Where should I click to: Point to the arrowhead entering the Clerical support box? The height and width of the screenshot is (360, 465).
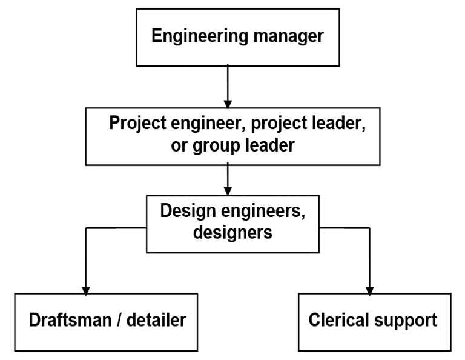(x=369, y=289)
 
